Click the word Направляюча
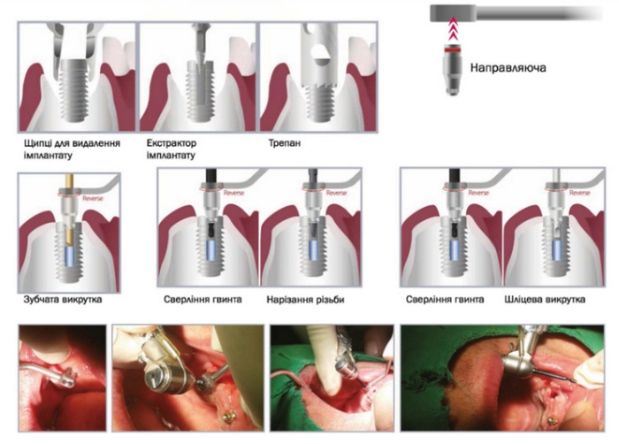[x=508, y=68]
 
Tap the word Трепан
[x=284, y=142]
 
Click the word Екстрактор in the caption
[x=172, y=142]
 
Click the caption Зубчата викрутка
[x=63, y=299]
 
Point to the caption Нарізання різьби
[x=306, y=300]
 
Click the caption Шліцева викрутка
[x=545, y=300]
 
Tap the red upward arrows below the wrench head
[x=453, y=28]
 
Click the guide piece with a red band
[x=453, y=70]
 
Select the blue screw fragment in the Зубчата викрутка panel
[x=70, y=257]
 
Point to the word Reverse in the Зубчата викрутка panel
[x=93, y=198]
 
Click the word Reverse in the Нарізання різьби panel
[x=336, y=193]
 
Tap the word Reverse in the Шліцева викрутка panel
[x=579, y=193]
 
